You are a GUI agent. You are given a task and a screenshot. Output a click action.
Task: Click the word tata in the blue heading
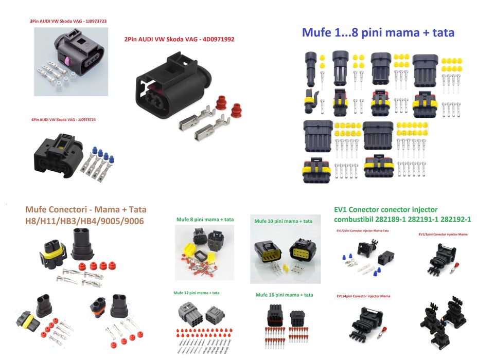tap(441, 32)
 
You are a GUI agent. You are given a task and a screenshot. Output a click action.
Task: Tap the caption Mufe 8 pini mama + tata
tap(204, 219)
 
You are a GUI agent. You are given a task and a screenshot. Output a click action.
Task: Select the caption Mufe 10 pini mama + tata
tap(283, 221)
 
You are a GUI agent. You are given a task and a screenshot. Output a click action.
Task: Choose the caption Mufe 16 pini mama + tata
tap(284, 295)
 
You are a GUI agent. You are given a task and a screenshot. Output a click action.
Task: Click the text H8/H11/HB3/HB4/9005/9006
tap(85, 221)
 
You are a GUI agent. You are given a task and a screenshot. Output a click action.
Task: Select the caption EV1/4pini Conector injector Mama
tap(363, 296)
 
